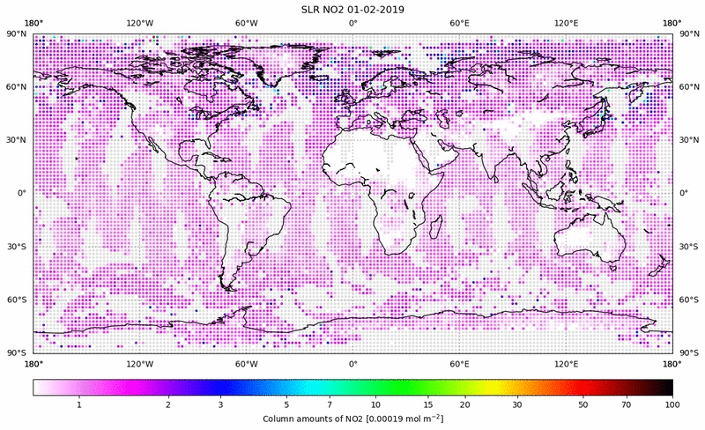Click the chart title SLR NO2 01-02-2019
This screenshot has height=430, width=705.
pyautogui.click(x=352, y=9)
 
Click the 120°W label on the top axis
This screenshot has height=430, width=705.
pyautogui.click(x=139, y=23)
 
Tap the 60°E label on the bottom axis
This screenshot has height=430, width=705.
pyautogui.click(x=458, y=363)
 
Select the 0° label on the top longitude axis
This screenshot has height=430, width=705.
pyautogui.click(x=352, y=23)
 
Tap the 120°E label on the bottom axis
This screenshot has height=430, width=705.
pyautogui.click(x=566, y=363)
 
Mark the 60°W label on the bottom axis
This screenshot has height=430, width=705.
pyautogui.click(x=246, y=363)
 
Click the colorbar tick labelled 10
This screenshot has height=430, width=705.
pyautogui.click(x=376, y=404)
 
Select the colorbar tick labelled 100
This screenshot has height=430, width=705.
pyautogui.click(x=672, y=404)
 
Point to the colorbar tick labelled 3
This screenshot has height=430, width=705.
pyautogui.click(x=220, y=404)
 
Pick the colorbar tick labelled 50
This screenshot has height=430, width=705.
pyautogui.click(x=583, y=404)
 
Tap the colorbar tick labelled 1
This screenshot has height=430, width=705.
pyautogui.click(x=79, y=404)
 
